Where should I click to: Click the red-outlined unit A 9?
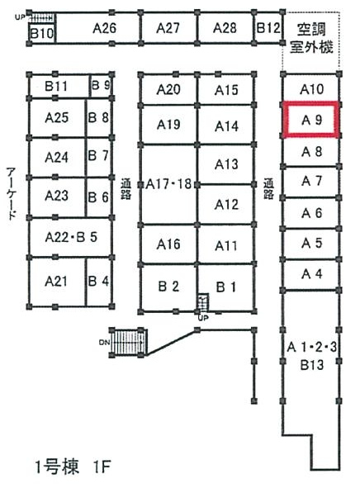pyautogui.click(x=310, y=120)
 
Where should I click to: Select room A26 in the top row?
pyautogui.click(x=98, y=28)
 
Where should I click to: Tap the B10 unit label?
pyautogui.click(x=42, y=33)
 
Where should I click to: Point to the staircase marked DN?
pyautogui.click(x=128, y=342)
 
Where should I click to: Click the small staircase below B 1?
pyautogui.click(x=203, y=302)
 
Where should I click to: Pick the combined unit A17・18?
pyautogui.click(x=168, y=184)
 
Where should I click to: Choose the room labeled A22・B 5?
pyautogui.click(x=71, y=238)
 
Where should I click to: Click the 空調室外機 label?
pyautogui.click(x=311, y=38)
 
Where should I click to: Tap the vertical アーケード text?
pyautogui.click(x=12, y=193)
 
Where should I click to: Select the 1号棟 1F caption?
pyautogui.click(x=72, y=467)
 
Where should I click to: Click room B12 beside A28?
pyautogui.click(x=268, y=28)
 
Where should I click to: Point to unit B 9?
pyautogui.click(x=101, y=86)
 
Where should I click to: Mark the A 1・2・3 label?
pyautogui.click(x=311, y=347)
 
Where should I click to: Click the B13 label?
pyautogui.click(x=312, y=365)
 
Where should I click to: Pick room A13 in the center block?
pyautogui.click(x=226, y=164)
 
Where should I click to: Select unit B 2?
pyautogui.click(x=168, y=287)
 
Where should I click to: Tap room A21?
pyautogui.click(x=57, y=282)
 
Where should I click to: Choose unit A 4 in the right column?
pyautogui.click(x=310, y=274)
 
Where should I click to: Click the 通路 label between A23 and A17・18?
pyautogui.click(x=126, y=188)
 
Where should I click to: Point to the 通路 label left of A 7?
pyautogui.click(x=268, y=188)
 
